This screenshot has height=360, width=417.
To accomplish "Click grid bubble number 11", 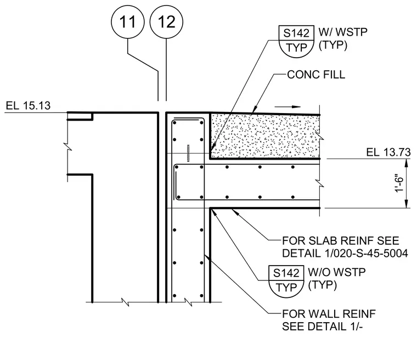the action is click(128, 22).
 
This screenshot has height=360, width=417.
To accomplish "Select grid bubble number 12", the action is click(166, 22).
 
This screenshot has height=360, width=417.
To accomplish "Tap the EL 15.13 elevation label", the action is click(28, 105).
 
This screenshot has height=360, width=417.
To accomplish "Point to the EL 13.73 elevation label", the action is click(388, 152).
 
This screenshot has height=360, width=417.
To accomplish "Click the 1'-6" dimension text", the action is click(399, 183).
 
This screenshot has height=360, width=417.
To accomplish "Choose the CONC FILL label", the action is click(316, 75).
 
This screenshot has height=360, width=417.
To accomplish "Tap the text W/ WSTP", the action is click(343, 32).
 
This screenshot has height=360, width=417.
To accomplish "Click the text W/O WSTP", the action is click(337, 272).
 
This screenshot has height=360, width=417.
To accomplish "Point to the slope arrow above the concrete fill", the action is click(288, 107).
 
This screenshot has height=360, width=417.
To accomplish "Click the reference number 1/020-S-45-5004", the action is click(366, 254).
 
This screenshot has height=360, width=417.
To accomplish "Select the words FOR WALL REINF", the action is click(329, 314).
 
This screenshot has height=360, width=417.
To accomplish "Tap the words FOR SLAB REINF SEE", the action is click(341, 241).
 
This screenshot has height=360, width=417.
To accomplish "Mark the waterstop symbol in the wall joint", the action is click(188, 153).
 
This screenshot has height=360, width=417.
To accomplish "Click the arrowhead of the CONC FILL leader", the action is click(255, 109).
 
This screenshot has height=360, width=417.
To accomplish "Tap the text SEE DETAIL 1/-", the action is click(322, 327).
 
